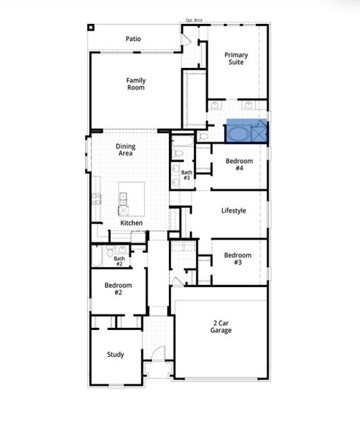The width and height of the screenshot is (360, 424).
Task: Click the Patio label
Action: coord(133,38)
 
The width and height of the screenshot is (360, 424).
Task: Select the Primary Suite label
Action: coord(236,59)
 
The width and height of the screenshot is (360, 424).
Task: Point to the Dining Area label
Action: coord(126,150)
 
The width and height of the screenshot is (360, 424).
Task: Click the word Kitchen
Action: coord(132,223)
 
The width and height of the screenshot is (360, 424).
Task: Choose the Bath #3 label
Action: coord(187,175)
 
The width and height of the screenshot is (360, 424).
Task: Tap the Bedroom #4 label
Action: coord(238,165)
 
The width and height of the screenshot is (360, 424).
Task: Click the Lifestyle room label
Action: coord(233,211)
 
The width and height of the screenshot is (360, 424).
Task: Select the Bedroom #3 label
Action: coord(238,259)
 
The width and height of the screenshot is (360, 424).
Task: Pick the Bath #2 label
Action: coord(120,261)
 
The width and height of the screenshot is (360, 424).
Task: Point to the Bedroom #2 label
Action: coord(119,288)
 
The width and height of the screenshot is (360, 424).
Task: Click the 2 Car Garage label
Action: coord(221,326)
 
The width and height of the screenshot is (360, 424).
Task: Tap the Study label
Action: coord(115,355)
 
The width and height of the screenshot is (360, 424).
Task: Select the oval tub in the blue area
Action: coord(238,134)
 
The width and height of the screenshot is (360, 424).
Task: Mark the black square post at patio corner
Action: coord(91,28)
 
